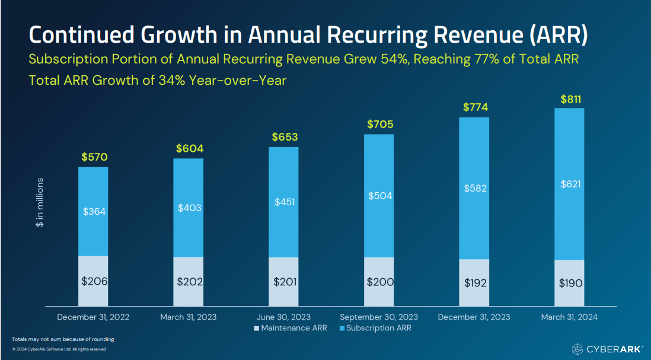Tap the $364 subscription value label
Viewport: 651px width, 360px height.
[x=93, y=211]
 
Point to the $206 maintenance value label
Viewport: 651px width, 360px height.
[x=94, y=281]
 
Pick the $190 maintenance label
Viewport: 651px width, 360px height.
[x=571, y=283]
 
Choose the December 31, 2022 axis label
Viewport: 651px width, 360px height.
[x=93, y=317]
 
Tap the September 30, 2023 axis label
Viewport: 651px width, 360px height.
[x=379, y=317]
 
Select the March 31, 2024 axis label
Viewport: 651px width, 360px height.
[x=569, y=317]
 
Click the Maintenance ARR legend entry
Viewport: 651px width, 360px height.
[x=290, y=328]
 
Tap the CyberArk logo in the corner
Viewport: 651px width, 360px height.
[x=607, y=349]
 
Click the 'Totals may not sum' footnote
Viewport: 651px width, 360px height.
[x=63, y=339]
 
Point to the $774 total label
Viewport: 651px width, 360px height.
[x=474, y=107]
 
